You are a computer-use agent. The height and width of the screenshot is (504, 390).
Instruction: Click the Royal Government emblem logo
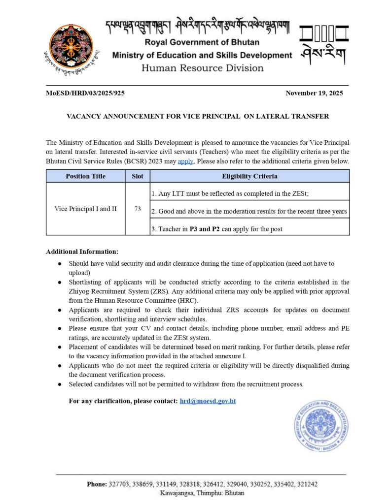click(71, 47)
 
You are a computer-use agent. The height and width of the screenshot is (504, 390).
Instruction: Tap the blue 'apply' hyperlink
click(185, 161)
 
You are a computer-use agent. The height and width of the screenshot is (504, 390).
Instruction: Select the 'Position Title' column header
click(85, 176)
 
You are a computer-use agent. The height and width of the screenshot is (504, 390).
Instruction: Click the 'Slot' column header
click(138, 176)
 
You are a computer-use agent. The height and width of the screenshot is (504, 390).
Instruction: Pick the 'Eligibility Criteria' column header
click(249, 176)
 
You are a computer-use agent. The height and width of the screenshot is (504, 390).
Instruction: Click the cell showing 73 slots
click(138, 209)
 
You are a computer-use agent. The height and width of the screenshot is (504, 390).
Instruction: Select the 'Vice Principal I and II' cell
click(85, 209)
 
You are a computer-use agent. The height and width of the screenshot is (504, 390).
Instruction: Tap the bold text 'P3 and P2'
click(206, 229)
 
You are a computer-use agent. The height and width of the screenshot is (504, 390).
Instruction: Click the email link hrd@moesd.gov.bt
click(208, 401)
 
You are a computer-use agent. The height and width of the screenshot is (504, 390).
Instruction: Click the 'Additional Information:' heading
click(82, 252)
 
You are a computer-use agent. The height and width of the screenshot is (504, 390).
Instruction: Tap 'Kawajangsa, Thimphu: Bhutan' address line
click(202, 493)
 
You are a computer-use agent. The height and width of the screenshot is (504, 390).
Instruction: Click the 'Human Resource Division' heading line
click(202, 68)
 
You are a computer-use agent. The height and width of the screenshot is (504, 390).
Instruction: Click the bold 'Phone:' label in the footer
click(97, 484)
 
